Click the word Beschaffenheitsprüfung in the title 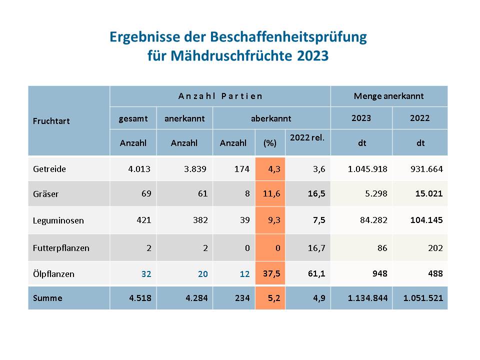click(288, 37)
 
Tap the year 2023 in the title click(313, 55)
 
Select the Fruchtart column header click(51, 121)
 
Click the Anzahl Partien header click(220, 96)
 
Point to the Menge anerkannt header click(389, 96)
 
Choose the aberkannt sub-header click(271, 118)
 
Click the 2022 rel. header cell click(307, 138)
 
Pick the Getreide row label click(49, 169)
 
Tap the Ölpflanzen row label click(53, 273)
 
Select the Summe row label click(47, 298)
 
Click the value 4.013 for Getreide click(139, 169)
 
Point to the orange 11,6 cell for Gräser click(270, 193)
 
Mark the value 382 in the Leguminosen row click(200, 220)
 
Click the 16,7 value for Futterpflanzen click(316, 248)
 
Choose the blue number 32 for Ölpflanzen click(146, 274)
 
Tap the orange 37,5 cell click(270, 273)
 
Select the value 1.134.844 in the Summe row click(367, 298)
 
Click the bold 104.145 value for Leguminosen click(426, 220)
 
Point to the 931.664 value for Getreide click(426, 169)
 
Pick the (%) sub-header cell click(270, 143)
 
